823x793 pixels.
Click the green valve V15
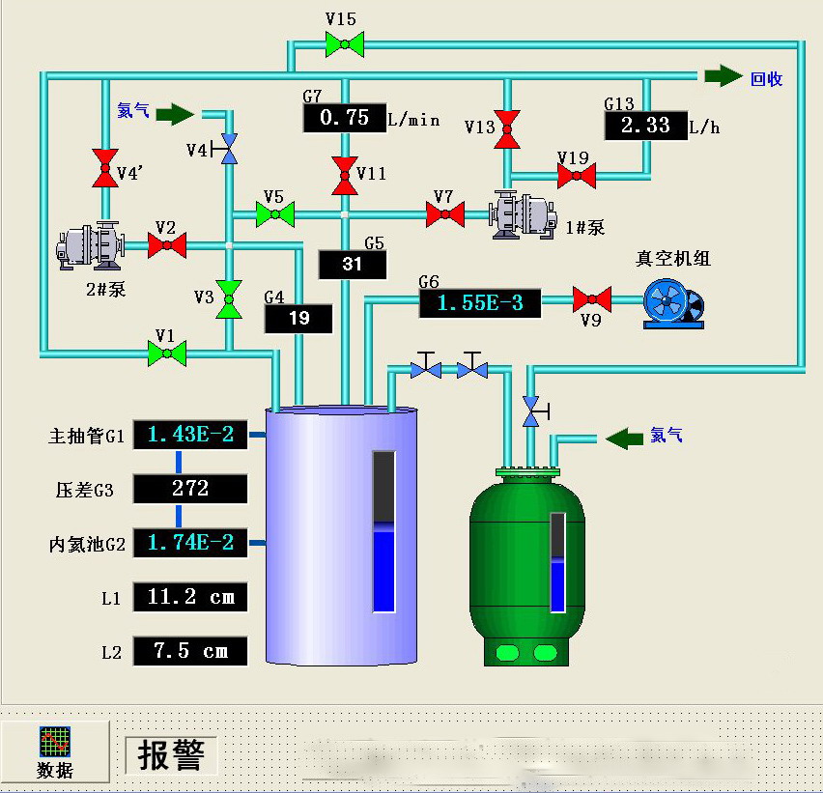click(344, 42)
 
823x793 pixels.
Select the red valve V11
click(344, 176)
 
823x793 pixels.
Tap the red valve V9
click(591, 299)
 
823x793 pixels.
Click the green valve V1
click(167, 354)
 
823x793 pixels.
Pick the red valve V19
click(577, 176)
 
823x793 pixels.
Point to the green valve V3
click(229, 299)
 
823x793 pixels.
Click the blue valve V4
click(229, 148)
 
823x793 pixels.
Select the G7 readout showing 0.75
click(344, 118)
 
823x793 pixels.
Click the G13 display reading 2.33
click(645, 126)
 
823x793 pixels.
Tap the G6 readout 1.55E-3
click(480, 303)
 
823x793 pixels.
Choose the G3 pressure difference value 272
click(190, 489)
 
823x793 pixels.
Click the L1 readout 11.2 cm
click(190, 597)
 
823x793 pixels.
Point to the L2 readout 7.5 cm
click(190, 651)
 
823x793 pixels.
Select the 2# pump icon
click(89, 246)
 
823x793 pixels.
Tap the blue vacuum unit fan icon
click(672, 304)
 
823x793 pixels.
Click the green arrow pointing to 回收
click(723, 76)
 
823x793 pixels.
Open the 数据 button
click(54, 752)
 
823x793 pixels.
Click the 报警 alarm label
click(171, 755)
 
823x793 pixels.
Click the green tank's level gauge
click(557, 562)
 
